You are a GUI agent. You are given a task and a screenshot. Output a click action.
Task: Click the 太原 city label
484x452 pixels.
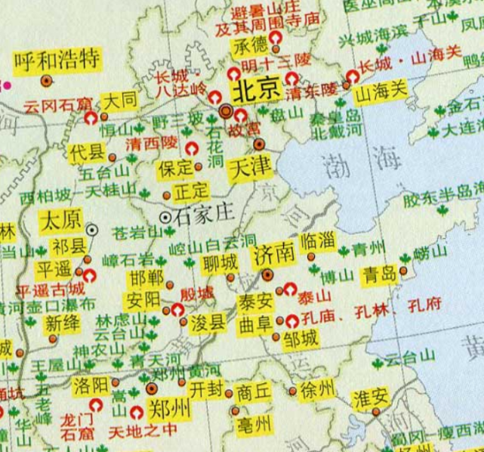click(60, 221)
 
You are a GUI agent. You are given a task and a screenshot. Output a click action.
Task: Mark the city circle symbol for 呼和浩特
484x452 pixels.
click(47, 79)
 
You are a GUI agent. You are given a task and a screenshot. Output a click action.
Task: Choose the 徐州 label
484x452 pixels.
click(316, 390)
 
